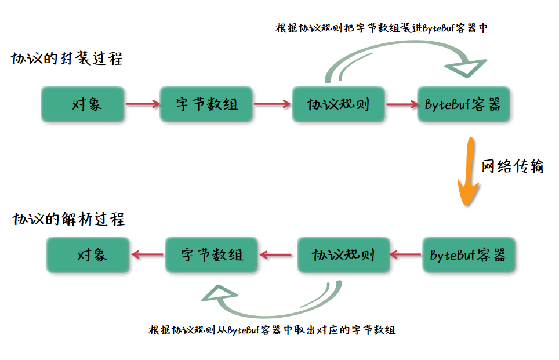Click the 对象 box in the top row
pos(83,105)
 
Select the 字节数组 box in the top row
pos(207,105)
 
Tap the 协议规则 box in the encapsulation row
pos(338,105)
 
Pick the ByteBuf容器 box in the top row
pos(463,105)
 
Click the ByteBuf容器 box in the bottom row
pos(469,254)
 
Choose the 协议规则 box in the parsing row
pos(344,254)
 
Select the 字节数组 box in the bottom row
pos(212,254)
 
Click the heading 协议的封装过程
pos(67,59)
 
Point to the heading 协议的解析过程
pos(68,220)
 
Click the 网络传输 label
pos(513,166)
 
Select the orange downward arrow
pos(468,174)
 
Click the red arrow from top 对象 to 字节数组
pos(142,105)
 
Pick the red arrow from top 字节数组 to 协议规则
pos(272,105)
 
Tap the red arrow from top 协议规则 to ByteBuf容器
pos(401,105)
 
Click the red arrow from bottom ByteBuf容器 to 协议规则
pos(406,254)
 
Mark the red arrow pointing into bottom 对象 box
pos(146,254)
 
